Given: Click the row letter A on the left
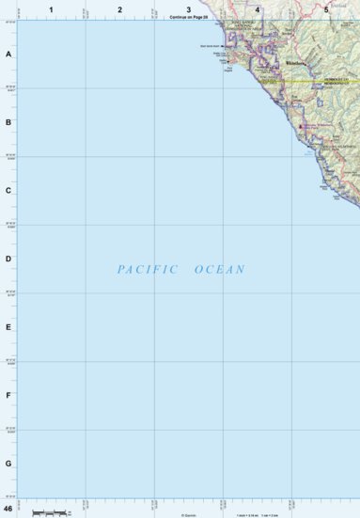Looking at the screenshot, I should point(8,55).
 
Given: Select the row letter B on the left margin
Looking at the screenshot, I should point(8,122).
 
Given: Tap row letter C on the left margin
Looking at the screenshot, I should point(8,191).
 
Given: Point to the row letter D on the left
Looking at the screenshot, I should point(8,259).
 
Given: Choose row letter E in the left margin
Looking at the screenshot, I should point(8,327).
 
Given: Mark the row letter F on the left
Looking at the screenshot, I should point(8,395).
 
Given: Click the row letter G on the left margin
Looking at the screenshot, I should point(8,463).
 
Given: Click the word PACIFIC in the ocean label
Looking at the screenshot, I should point(148,270).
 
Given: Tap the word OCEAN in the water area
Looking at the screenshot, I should point(220,270).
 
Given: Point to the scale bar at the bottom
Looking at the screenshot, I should point(51,510).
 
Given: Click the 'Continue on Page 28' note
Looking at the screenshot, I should point(188,18).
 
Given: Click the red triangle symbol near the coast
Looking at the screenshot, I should point(301,126).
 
